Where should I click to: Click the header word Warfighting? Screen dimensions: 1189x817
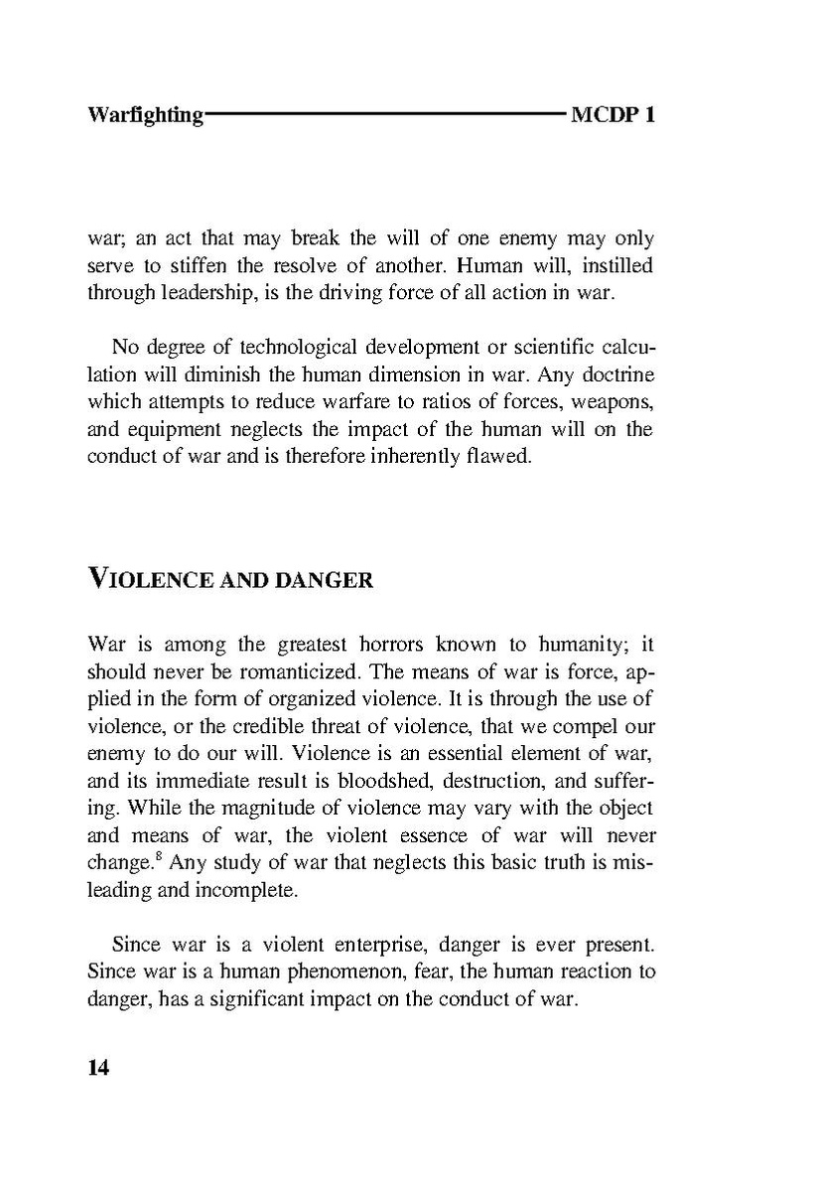point(145,115)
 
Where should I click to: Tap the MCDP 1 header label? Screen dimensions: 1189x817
point(613,114)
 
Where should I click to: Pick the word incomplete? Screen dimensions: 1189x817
point(244,890)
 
